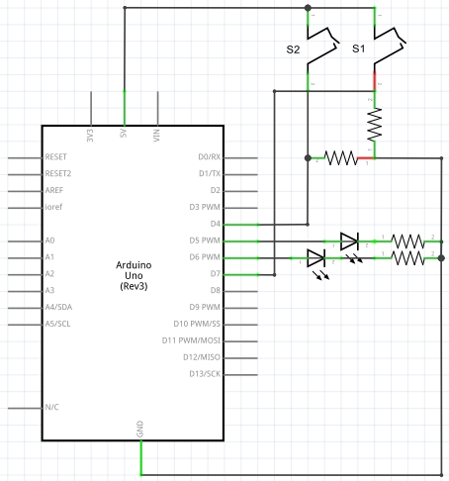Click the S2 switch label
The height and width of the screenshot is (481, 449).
[293, 49]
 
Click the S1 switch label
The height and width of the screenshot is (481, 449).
[359, 48]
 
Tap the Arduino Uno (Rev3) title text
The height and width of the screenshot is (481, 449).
[134, 275]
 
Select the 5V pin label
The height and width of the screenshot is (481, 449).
[124, 134]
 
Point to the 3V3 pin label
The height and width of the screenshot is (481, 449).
[90, 136]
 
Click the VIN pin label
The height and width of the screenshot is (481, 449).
[156, 136]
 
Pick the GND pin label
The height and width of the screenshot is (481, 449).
[139, 429]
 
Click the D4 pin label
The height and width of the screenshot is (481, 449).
[216, 224]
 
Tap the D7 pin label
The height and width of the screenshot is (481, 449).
[216, 273]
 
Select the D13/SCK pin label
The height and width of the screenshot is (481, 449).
[205, 374]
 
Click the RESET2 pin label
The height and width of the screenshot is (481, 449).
[58, 173]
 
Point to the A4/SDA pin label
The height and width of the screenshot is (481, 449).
[58, 307]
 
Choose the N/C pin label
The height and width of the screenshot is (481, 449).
[51, 407]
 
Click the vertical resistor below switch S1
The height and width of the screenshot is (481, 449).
[375, 124]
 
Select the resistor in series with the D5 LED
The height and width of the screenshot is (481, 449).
[408, 241]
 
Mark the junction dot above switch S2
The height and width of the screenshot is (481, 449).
[308, 8]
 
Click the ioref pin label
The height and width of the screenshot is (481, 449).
[53, 207]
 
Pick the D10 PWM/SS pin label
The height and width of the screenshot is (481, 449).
[197, 324]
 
